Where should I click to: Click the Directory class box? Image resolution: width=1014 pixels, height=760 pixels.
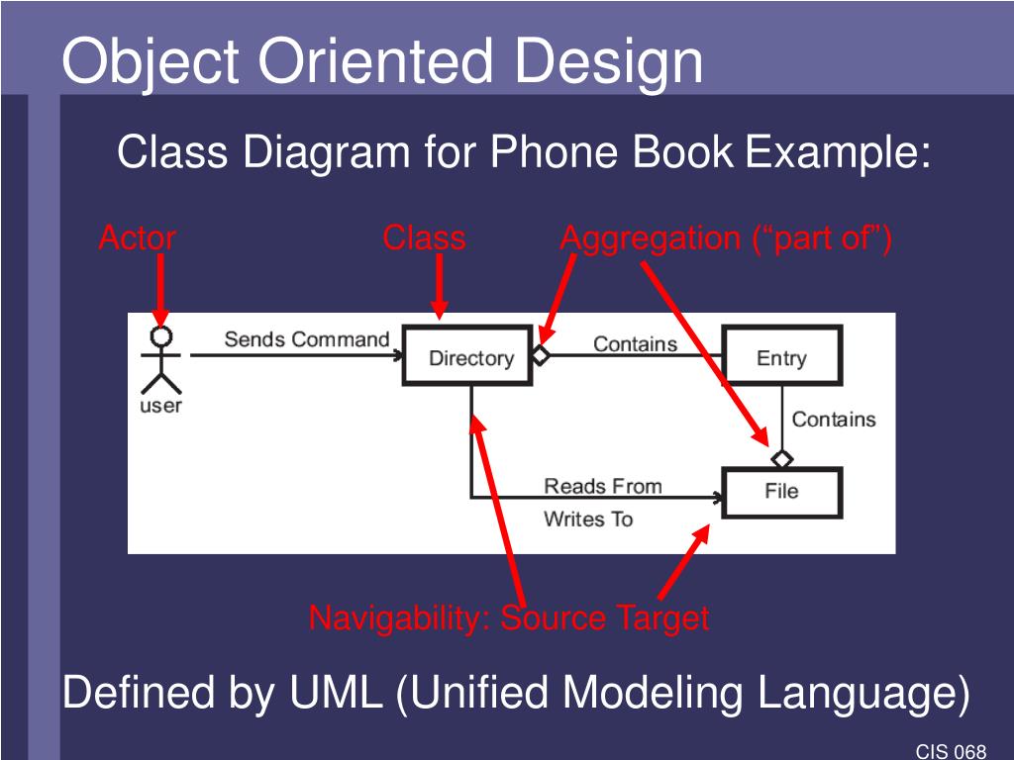470,357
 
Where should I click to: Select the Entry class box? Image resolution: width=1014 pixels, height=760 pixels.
781,357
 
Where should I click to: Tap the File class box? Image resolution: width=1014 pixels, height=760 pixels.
781,492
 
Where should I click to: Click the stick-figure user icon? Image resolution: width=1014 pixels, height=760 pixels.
160,358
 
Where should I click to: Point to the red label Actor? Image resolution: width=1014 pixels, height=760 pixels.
137,238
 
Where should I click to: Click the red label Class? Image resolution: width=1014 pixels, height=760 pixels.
424,238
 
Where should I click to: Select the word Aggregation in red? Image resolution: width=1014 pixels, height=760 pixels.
649,238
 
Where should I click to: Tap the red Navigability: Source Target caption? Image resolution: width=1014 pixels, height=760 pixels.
508,618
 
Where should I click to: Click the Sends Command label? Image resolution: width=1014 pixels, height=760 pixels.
307,339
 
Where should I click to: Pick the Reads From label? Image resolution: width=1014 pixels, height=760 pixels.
602,486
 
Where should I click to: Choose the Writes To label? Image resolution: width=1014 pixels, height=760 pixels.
588,519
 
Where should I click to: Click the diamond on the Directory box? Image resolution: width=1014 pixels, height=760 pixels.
541,354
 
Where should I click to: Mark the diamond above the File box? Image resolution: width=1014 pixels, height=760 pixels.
782,459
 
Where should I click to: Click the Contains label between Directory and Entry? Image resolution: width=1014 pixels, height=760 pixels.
635,343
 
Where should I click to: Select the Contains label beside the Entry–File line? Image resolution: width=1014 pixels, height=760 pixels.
834,420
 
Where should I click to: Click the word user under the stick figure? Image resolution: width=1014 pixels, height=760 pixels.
160,406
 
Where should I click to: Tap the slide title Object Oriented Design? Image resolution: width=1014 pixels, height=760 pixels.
382,61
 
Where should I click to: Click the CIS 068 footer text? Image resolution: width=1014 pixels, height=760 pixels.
951,751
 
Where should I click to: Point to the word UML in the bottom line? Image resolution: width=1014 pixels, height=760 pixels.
336,694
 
